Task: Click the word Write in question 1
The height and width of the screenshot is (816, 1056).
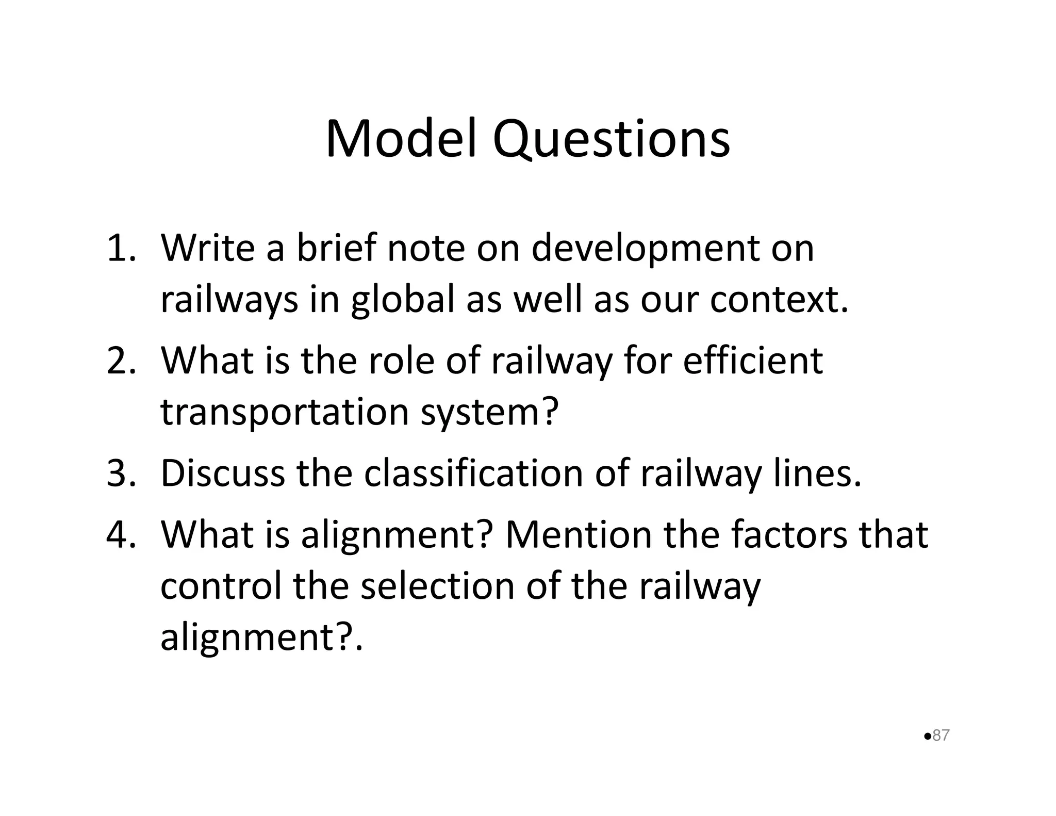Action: pyautogui.click(x=207, y=248)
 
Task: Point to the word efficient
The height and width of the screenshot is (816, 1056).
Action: pyautogui.click(x=753, y=361)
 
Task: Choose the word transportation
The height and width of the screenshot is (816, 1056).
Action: pyautogui.click(x=285, y=413)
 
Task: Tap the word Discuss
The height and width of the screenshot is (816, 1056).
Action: pyautogui.click(x=222, y=473)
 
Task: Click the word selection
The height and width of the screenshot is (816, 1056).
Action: pyautogui.click(x=438, y=586)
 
